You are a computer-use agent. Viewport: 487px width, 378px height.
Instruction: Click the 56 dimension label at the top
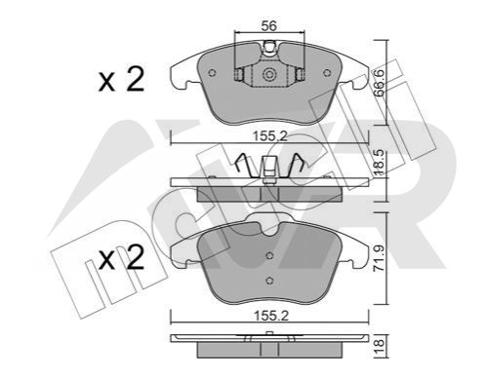(269, 25)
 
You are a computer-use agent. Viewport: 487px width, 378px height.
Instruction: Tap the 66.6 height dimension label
(380, 83)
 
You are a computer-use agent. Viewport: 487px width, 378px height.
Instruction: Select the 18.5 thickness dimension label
(380, 163)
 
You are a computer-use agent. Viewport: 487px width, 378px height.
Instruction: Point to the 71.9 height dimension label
(380, 258)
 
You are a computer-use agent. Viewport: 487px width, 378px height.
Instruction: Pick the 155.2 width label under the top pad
(270, 136)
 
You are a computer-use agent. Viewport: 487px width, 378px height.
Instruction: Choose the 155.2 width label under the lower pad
(270, 316)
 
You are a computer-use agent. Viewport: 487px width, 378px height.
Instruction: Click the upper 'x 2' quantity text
(121, 80)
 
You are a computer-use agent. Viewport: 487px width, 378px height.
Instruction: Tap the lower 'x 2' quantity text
(121, 258)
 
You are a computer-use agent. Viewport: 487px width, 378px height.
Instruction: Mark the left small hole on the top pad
(212, 73)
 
